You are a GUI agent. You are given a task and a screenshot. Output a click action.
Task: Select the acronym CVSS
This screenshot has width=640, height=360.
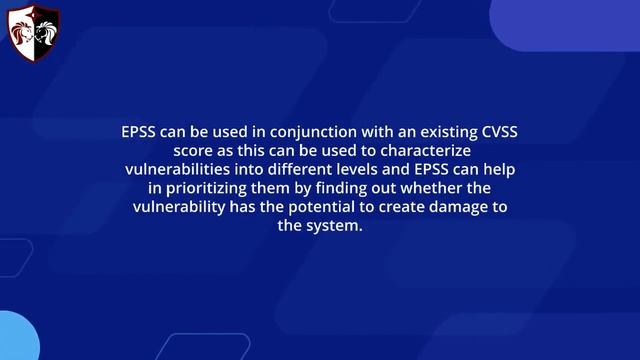coord(493,131)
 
